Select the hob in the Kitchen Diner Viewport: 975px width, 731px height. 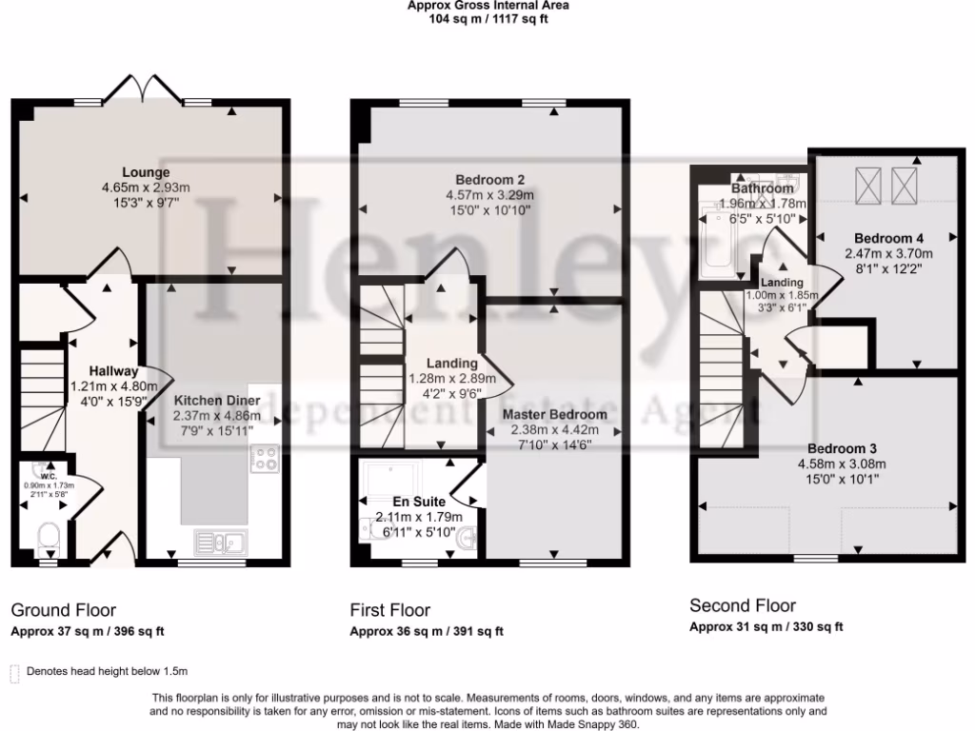tap(265, 460)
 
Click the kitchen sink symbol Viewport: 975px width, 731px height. tap(221, 542)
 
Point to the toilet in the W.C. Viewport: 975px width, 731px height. tap(47, 538)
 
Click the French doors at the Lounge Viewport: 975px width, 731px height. tap(144, 89)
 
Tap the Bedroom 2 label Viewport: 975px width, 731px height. tap(490, 180)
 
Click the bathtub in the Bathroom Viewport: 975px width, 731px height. tap(715, 243)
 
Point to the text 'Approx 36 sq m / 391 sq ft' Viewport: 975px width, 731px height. tap(427, 631)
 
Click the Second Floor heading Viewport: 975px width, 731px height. tap(743, 605)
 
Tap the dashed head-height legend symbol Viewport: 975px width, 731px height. tap(14, 673)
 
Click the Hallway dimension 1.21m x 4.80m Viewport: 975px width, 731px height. tap(113, 386)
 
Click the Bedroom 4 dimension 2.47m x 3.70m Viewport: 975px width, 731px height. tap(888, 253)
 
